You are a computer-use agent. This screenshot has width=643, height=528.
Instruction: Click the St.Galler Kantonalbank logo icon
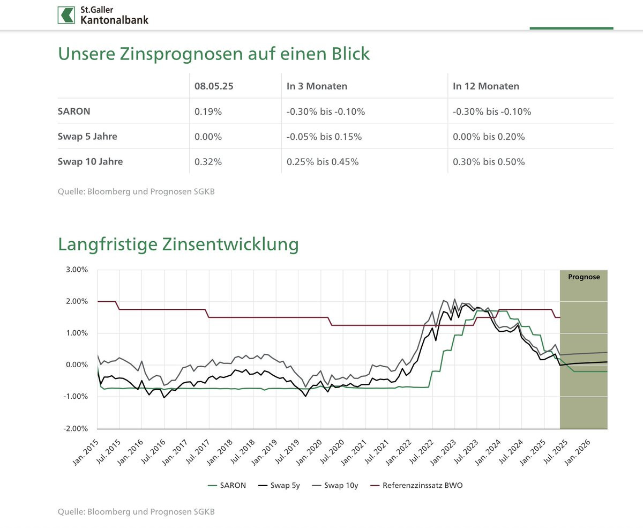66,15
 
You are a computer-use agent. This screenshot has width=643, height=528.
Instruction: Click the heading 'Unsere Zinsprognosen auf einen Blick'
214,54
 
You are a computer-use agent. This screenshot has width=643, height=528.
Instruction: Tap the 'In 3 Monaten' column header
317,86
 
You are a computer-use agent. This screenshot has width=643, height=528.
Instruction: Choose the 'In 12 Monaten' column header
486,86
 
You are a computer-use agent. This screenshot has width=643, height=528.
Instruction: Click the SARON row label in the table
73,111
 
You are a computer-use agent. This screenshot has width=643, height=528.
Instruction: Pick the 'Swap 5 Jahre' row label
87,136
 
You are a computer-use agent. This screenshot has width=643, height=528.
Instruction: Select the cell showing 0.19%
208,111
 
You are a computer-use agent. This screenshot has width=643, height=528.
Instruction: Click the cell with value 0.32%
208,161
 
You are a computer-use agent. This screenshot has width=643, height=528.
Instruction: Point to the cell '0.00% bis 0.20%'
489,136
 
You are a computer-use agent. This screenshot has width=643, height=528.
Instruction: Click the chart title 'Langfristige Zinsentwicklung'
178,244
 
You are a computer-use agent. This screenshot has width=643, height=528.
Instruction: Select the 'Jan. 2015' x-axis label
86,449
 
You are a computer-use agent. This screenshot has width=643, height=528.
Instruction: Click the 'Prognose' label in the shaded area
584,277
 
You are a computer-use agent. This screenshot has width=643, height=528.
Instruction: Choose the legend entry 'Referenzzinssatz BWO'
422,486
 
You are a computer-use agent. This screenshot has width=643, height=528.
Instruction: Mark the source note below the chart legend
136,512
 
